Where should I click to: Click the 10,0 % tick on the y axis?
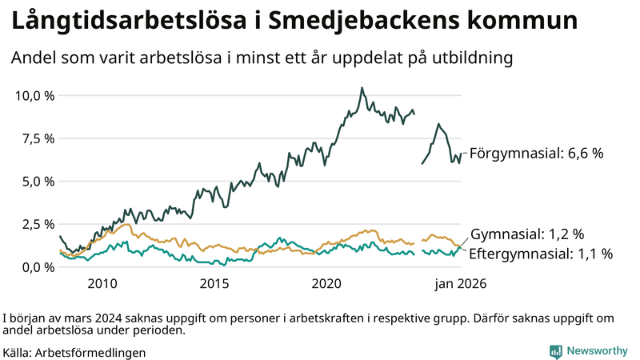point(34,96)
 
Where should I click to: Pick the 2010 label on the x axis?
point(102,283)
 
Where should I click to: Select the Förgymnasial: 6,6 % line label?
point(535,153)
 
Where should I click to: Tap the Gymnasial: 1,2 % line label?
point(527,234)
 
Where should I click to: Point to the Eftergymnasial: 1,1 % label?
point(541,254)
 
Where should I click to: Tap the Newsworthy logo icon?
point(556,351)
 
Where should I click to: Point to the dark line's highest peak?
point(362,88)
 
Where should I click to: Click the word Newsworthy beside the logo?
point(598,351)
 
